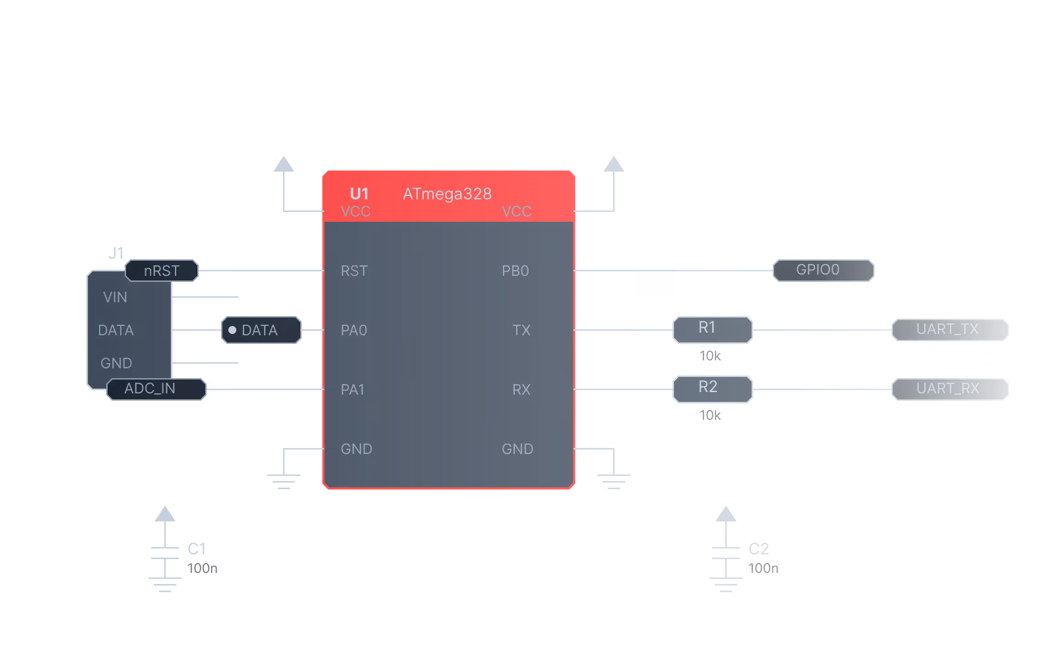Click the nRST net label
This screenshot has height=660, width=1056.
tap(162, 271)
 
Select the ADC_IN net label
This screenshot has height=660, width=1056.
tap(156, 389)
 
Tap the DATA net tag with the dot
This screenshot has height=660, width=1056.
tap(261, 330)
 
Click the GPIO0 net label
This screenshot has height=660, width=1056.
tap(824, 270)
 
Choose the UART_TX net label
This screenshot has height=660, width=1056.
tap(950, 329)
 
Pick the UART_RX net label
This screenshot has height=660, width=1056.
tap(950, 389)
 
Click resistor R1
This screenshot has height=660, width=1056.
tap(712, 329)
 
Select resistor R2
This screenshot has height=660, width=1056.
tap(712, 389)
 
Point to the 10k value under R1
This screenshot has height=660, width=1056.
tap(710, 356)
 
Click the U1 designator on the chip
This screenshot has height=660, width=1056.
tap(359, 194)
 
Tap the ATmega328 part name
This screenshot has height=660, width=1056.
tap(447, 194)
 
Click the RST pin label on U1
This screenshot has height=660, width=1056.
tap(354, 271)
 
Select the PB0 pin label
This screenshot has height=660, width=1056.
tap(515, 271)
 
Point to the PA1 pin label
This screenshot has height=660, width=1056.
tap(352, 389)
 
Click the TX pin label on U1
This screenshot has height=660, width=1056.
tap(521, 330)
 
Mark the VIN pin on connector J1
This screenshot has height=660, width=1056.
tap(115, 297)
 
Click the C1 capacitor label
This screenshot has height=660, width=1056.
tap(197, 548)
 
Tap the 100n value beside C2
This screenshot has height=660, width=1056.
tap(763, 568)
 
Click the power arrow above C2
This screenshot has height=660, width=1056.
tap(726, 514)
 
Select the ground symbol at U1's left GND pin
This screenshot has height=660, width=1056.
tap(284, 481)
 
